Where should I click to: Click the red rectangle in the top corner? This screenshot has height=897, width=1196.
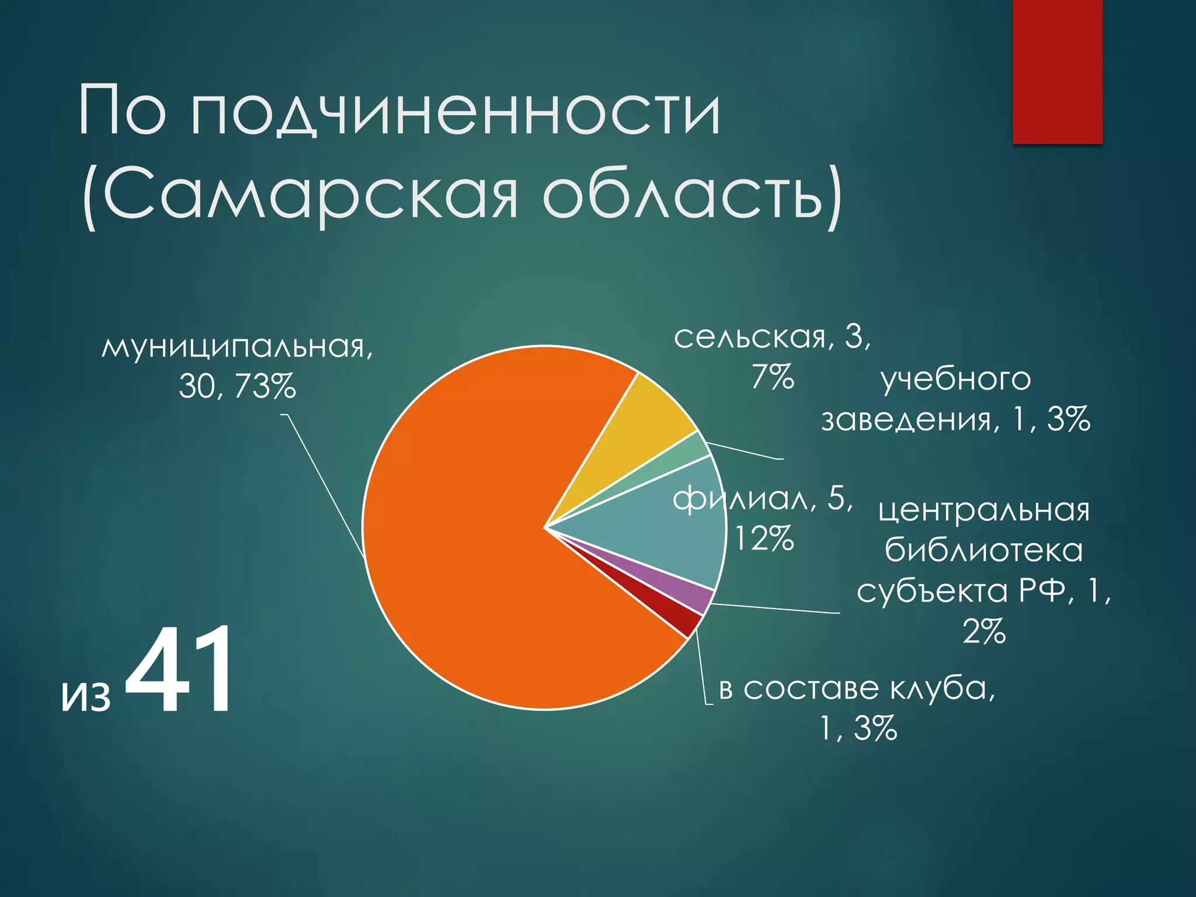click(1057, 70)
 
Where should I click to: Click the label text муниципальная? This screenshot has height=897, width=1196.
click(237, 347)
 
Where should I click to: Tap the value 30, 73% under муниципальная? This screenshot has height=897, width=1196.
click(237, 387)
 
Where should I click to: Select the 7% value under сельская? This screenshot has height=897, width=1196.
click(772, 377)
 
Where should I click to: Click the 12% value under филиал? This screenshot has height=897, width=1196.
click(764, 538)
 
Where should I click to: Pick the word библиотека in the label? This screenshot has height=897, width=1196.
click(983, 551)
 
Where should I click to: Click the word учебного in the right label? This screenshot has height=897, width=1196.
click(955, 380)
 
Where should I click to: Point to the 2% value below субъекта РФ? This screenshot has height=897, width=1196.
click(984, 632)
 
